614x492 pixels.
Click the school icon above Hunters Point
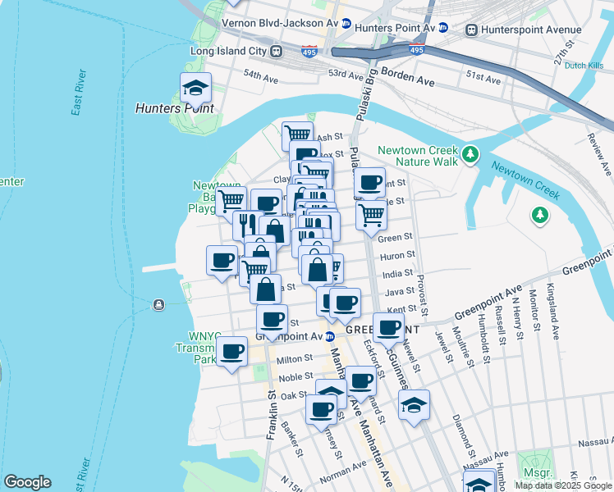tap(195, 87)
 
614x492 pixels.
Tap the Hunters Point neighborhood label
tap(175, 108)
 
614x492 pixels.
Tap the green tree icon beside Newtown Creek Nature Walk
tap(470, 153)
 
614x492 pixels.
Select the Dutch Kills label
tap(584, 66)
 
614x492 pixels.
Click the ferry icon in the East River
tap(158, 305)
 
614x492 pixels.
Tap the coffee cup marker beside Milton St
tap(231, 352)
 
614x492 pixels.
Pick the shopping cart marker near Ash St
tap(296, 134)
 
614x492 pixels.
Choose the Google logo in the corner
tap(27, 482)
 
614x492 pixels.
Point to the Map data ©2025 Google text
tap(562, 485)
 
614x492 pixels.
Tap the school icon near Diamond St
tap(414, 405)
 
